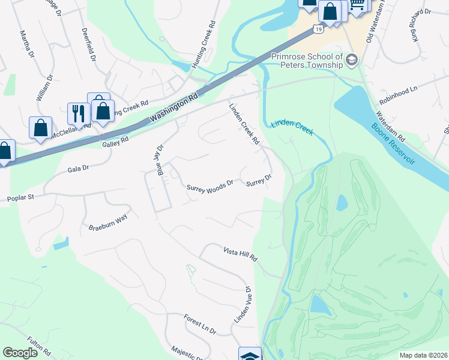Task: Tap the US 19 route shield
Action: tap(319, 29)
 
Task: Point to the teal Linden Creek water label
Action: tap(292, 127)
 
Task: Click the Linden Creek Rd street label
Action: tap(244, 124)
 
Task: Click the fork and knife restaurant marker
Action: tap(78, 113)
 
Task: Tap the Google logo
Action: tap(20, 353)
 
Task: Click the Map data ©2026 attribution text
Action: tap(423, 355)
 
